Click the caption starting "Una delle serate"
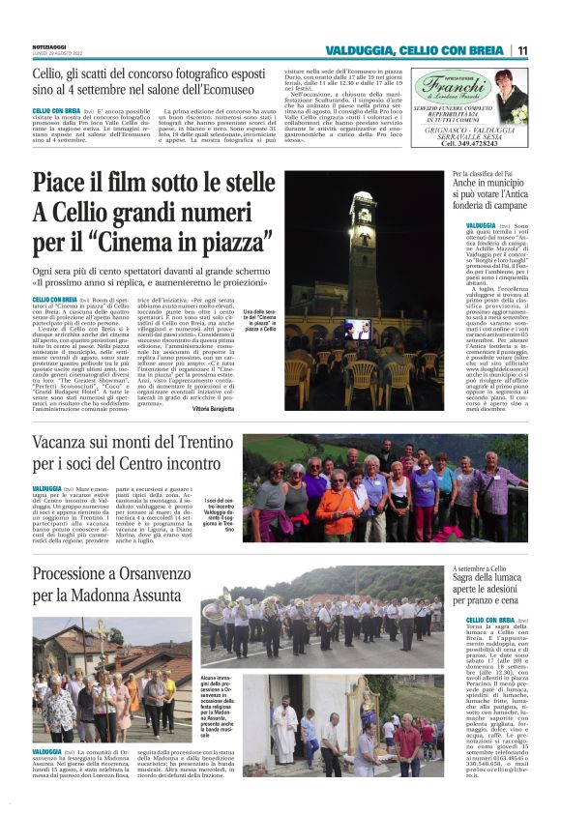(260, 319)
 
